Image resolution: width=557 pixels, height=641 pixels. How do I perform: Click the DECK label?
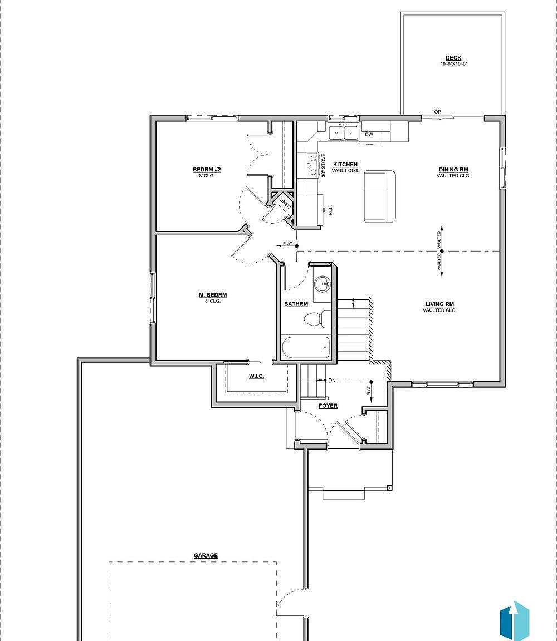point(453,58)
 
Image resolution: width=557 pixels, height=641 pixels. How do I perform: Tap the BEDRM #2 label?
point(207,170)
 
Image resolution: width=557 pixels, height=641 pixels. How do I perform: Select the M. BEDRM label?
point(212,295)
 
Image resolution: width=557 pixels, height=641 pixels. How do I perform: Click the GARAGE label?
point(206,555)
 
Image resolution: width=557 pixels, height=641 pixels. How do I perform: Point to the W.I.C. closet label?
point(256,376)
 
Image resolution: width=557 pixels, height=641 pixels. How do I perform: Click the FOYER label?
point(328,406)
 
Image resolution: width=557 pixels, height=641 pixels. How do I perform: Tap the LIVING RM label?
point(439,304)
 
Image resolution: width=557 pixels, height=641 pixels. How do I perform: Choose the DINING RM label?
point(453,170)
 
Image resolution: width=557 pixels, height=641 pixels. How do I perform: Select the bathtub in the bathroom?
point(306,347)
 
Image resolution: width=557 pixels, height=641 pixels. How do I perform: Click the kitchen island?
point(380,196)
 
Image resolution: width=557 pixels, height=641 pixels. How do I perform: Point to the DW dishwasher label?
point(369,134)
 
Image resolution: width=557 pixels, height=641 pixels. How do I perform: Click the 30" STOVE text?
point(323,165)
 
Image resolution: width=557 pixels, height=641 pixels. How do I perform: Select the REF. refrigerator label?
point(330,211)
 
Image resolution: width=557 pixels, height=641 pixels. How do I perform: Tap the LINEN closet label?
point(285,203)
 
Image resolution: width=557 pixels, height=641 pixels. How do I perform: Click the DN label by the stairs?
point(332,380)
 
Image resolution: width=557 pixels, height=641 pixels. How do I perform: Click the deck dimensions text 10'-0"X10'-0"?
point(453,64)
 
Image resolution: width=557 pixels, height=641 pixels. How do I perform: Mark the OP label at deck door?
point(437,112)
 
